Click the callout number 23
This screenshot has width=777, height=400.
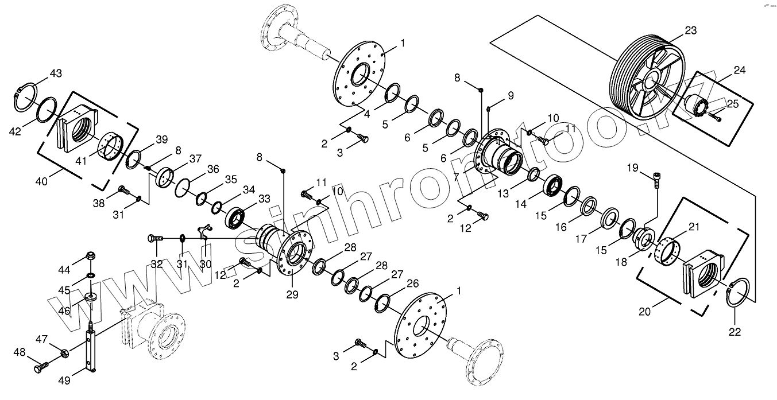point(690,31)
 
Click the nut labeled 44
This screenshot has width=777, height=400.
point(90,256)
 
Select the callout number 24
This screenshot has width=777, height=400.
point(739,71)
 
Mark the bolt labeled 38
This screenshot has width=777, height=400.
point(122,189)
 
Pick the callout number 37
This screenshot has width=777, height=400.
point(196,158)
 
